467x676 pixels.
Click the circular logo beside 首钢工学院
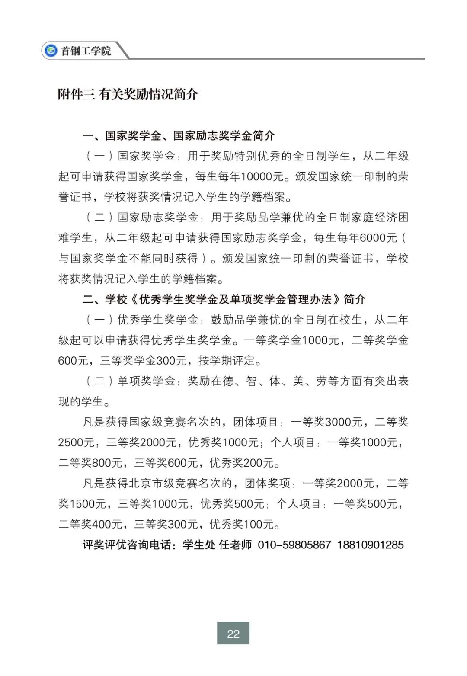[x=51, y=51]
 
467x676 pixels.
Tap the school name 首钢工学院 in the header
[x=86, y=51]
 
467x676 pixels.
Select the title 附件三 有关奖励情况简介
[x=128, y=94]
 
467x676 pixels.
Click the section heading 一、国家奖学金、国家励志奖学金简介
[x=179, y=135]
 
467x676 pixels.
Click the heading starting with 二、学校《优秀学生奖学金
[x=224, y=299]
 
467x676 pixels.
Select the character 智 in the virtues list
[x=251, y=381]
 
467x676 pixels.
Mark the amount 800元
[x=107, y=463]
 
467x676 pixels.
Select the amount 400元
[x=107, y=524]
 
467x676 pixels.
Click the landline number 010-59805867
[x=294, y=545]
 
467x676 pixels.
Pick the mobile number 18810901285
[x=370, y=545]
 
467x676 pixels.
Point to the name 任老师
[x=235, y=545]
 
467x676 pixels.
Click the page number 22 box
[x=233, y=634]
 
